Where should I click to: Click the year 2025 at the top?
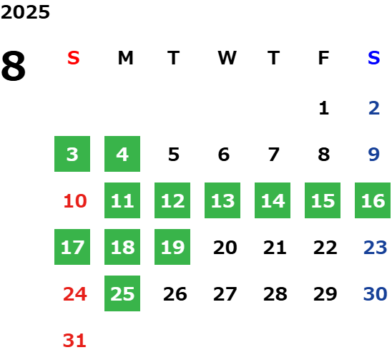25,12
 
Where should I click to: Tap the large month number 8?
14,66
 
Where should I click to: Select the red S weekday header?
74,58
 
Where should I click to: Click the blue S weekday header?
373,58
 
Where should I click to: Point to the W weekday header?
227,58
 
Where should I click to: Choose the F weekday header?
323,58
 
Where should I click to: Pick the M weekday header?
125,58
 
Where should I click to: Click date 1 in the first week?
324,108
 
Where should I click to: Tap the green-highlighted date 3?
72,154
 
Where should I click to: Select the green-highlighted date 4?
122,154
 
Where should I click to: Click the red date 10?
75,200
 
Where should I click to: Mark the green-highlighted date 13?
222,200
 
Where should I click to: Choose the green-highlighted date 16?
373,200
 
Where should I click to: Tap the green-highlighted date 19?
172,247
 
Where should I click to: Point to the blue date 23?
376,248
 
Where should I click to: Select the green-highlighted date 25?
122,293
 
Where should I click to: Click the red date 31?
74,341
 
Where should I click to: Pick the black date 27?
225,294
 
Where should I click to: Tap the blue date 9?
373,155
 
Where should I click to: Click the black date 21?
275,248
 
